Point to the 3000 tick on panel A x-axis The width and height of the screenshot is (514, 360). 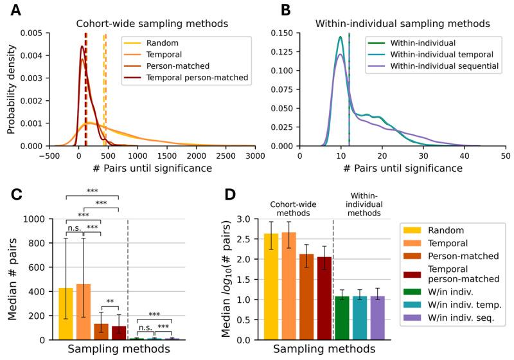click(x=255, y=155)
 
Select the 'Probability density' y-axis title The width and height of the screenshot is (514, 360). click(x=12, y=89)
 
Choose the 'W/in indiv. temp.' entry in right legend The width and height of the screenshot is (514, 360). click(x=457, y=302)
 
